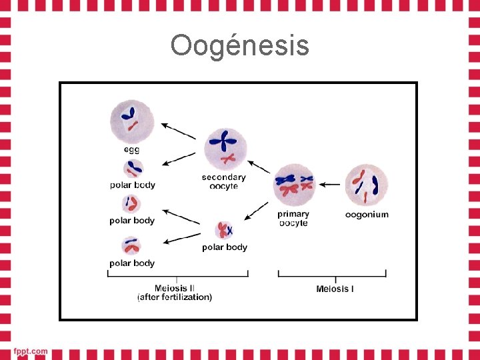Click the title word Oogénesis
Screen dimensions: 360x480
point(239,46)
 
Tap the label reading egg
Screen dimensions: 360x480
point(131,149)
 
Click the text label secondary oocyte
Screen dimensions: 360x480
point(224,181)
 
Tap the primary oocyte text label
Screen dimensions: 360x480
point(293,219)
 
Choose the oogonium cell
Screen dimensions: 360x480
point(367,185)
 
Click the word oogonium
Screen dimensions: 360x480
point(367,215)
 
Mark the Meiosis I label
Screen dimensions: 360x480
point(335,289)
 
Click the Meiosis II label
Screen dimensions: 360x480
point(175,288)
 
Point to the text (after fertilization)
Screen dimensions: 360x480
point(175,297)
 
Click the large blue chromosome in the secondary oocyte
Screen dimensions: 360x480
point(222,141)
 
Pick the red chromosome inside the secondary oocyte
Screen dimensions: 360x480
point(229,159)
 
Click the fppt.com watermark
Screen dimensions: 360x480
point(31,351)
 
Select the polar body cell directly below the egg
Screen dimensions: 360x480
point(132,169)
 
